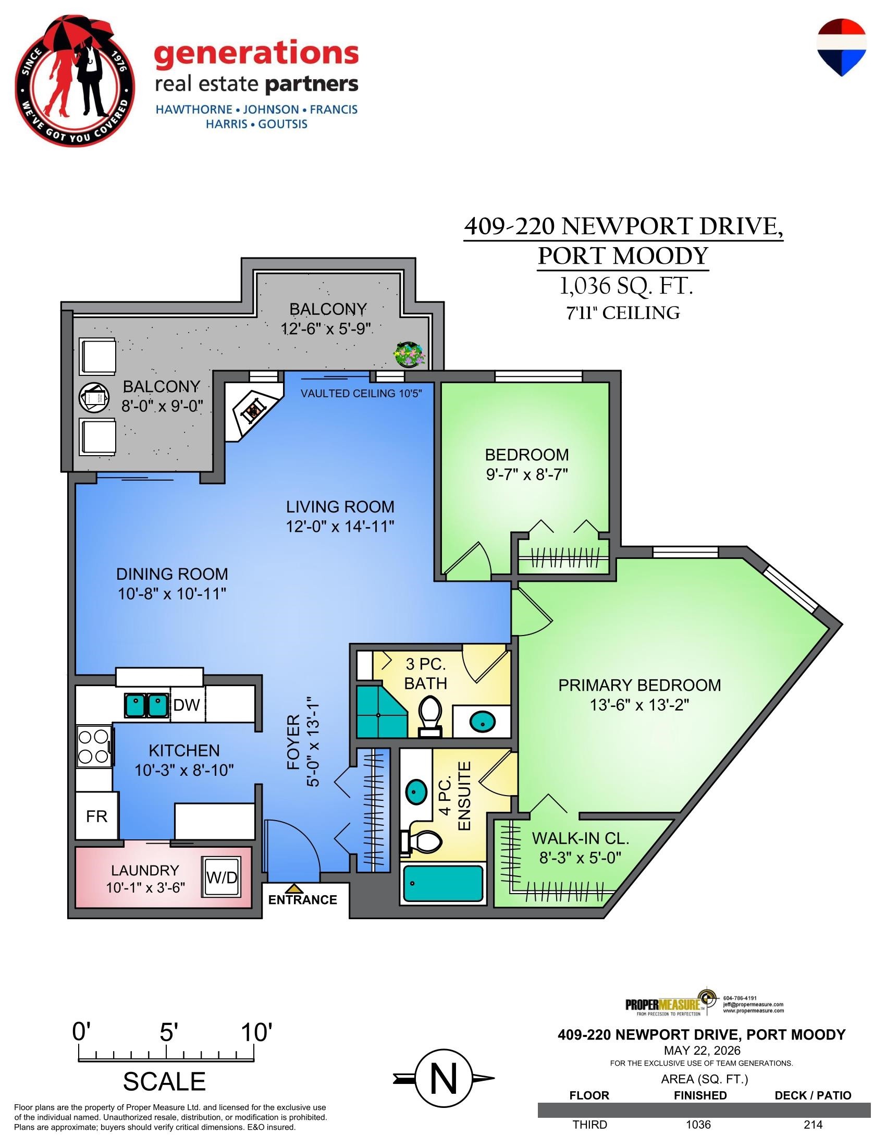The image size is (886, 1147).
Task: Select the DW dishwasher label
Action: tap(187, 705)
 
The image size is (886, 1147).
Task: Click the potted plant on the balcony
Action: tap(410, 355)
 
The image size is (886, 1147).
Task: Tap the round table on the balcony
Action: tap(94, 398)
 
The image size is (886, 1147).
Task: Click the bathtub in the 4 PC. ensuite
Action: tap(442, 883)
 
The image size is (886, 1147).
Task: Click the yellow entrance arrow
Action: tap(295, 888)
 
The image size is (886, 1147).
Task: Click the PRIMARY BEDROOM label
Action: tap(639, 686)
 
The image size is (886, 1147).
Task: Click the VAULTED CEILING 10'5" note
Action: tap(361, 393)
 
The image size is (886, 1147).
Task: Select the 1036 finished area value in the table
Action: tap(698, 1125)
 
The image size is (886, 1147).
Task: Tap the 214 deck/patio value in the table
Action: tap(813, 1125)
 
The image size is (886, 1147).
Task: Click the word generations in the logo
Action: tap(256, 55)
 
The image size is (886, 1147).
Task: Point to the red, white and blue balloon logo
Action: tap(841, 47)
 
